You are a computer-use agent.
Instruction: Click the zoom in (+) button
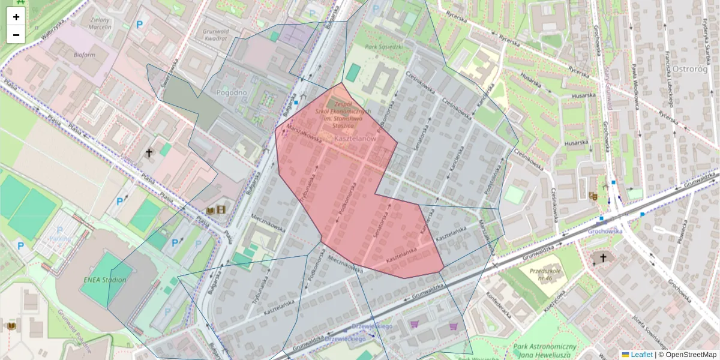pos(16,17)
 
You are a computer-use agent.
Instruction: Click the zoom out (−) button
pos(16,35)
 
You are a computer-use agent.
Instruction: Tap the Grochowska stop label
pos(604,230)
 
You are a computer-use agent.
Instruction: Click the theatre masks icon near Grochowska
pos(593,196)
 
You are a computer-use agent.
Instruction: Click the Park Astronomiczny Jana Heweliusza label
pos(545,351)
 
